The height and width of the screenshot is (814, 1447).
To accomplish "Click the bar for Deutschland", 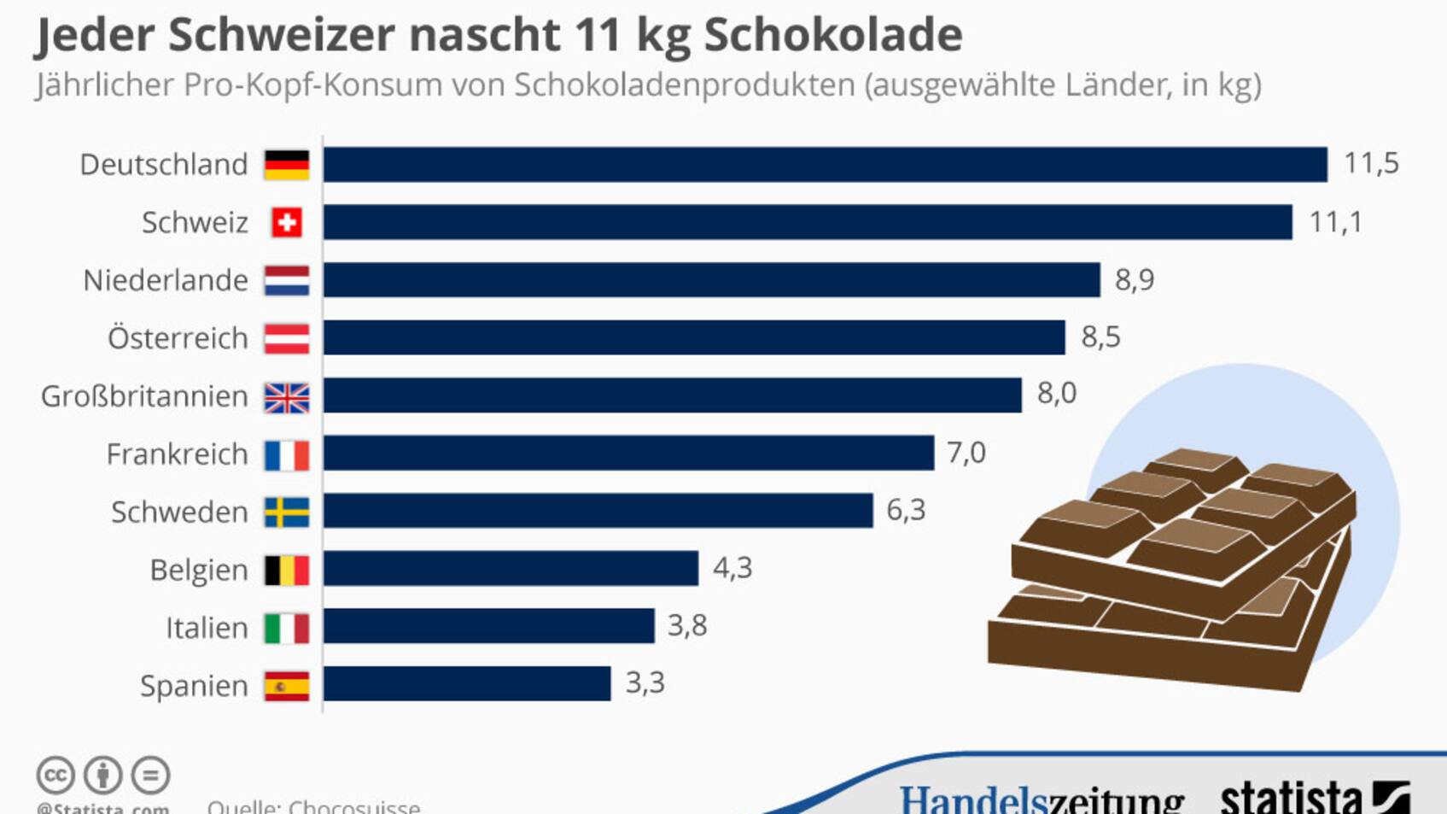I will click(825, 164).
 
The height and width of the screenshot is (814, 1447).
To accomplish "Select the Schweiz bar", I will click(807, 222).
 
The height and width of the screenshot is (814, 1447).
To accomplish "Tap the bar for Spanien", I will click(467, 684).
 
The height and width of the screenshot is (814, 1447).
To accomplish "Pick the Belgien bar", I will click(511, 569).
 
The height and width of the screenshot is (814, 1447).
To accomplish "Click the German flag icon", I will click(287, 165).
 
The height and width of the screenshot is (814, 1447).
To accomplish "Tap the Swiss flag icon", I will click(287, 223).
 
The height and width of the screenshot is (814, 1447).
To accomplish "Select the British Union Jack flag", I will click(287, 397).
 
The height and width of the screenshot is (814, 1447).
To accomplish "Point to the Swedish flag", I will click(287, 512).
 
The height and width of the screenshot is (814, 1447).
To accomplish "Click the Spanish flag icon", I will click(287, 686).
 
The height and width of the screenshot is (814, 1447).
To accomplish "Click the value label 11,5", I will click(1371, 163).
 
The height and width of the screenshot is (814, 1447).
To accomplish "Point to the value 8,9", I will click(1135, 280).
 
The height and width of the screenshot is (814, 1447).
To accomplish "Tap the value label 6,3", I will click(906, 511).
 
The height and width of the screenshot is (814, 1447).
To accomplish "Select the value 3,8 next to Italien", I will click(687, 626).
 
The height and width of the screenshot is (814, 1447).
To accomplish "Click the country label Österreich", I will click(178, 338).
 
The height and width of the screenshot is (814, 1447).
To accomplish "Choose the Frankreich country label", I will click(177, 454).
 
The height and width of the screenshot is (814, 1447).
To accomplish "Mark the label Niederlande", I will click(166, 280).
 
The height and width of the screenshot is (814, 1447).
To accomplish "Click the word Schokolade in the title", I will click(832, 35).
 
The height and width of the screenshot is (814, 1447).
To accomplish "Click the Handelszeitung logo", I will click(1041, 799).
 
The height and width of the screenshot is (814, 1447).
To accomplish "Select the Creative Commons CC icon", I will click(55, 776).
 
